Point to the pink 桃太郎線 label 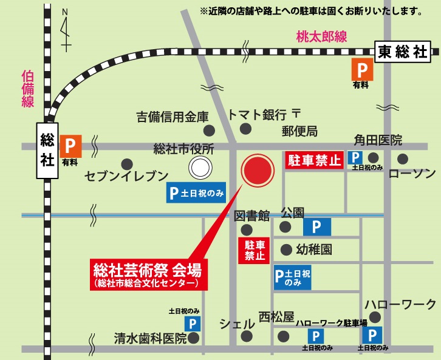[322, 37]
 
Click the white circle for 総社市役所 [199, 166]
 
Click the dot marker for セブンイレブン [127, 163]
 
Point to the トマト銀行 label [256, 115]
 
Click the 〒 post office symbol [296, 114]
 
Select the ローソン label [411, 175]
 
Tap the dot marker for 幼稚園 [286, 249]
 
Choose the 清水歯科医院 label [150, 338]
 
